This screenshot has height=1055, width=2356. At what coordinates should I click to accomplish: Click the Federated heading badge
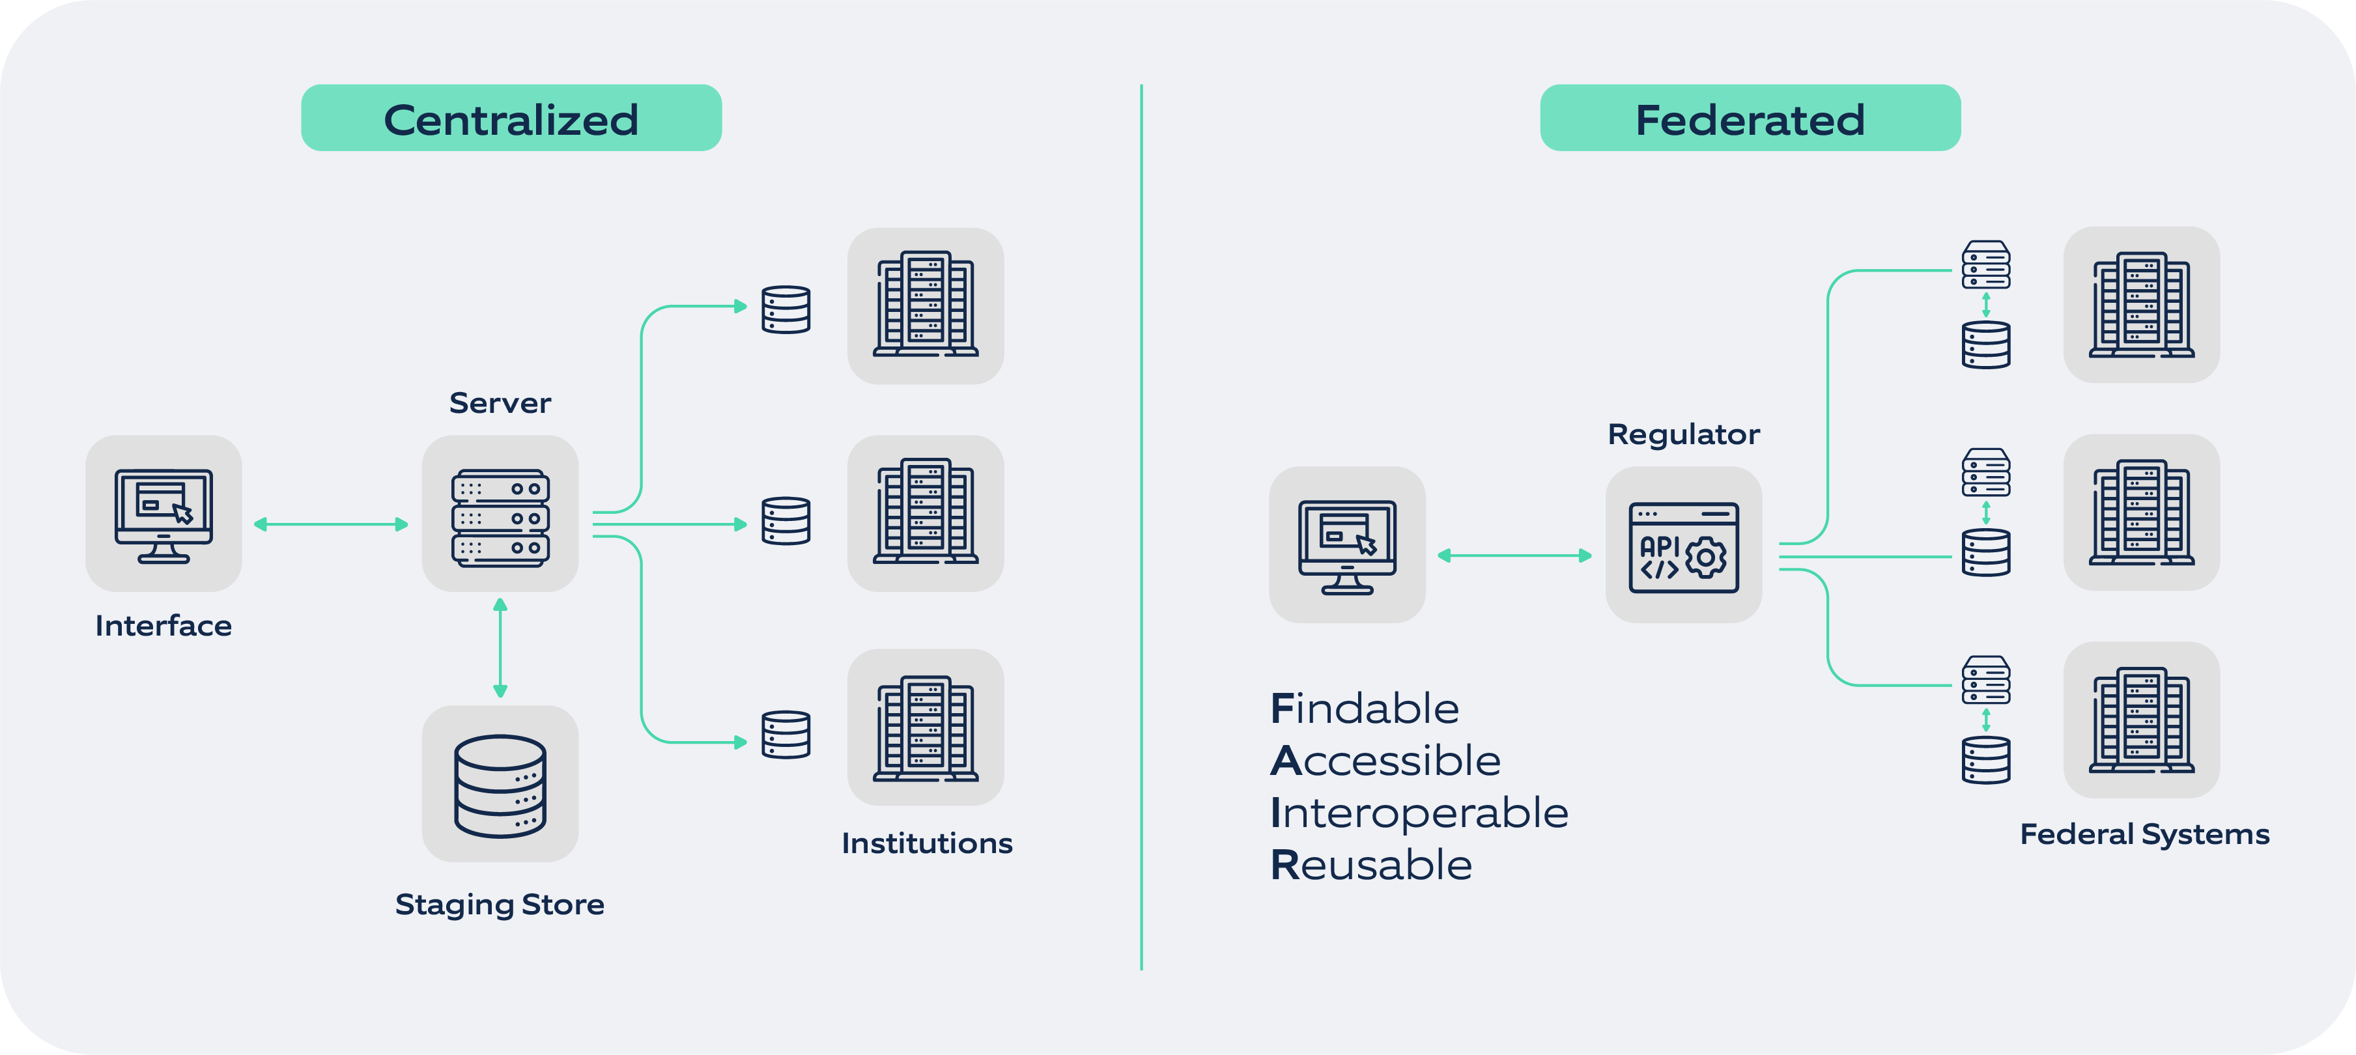point(1749,118)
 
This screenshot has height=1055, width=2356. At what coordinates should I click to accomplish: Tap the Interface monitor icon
point(163,514)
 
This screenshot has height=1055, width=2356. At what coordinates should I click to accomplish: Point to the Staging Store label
point(500,904)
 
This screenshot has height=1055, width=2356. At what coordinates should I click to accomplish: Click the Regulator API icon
point(1683,546)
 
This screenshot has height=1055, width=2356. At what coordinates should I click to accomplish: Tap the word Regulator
point(1683,434)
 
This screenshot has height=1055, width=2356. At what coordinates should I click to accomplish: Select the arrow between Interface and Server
point(331,524)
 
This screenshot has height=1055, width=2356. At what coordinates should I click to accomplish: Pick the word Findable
point(1364,709)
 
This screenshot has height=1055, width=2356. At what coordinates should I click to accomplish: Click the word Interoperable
point(1419,813)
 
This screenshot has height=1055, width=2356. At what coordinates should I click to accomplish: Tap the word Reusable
point(1371,865)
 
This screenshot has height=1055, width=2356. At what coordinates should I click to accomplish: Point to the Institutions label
point(926,843)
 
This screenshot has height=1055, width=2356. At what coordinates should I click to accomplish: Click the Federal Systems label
point(2144,834)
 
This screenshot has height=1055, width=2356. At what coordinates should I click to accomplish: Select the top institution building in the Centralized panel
point(925,305)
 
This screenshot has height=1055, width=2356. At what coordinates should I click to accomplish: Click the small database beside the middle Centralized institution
point(786,521)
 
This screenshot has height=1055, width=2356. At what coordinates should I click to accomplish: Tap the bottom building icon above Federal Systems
point(2141,720)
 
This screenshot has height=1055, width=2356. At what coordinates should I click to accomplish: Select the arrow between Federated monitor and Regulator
point(1514,555)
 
